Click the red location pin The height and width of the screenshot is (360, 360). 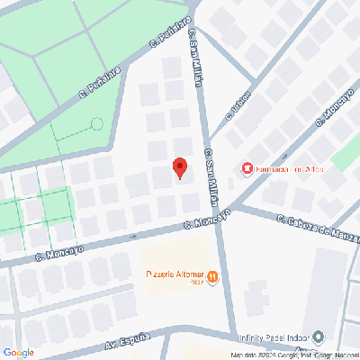pos(179,168)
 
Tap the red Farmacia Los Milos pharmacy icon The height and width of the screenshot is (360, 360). pos(246,168)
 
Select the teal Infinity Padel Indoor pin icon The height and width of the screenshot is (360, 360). pos(318,338)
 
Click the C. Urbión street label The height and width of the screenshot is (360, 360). pos(237,109)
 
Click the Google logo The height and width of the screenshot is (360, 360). pos(19,352)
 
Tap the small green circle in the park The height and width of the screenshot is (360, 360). pos(97,123)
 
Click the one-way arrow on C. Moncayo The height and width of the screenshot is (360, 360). pos(134,237)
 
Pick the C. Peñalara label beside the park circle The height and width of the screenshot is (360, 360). pos(99,81)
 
